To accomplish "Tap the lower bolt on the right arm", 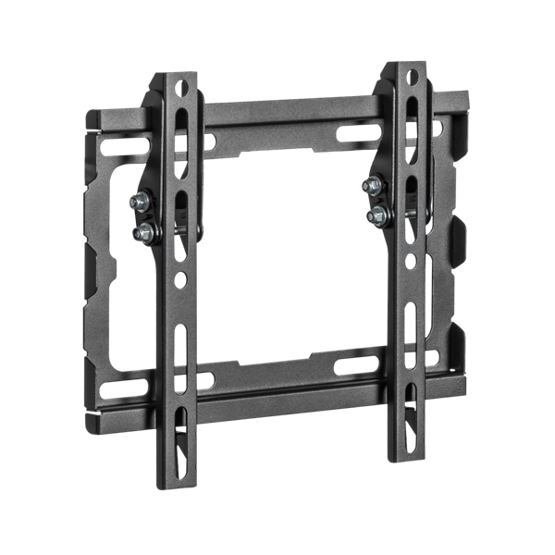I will pyautogui.click(x=376, y=216).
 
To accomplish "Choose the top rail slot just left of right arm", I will pyautogui.click(x=356, y=132).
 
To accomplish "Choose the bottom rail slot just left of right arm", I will pyautogui.click(x=356, y=364).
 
